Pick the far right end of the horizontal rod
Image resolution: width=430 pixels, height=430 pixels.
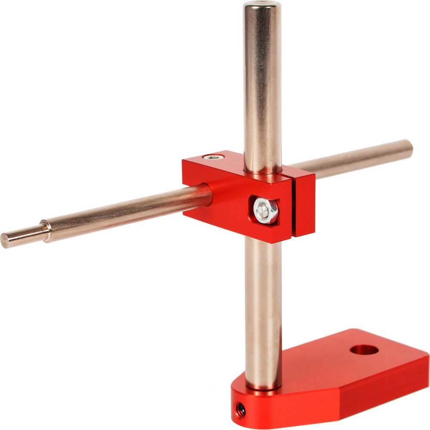click(406, 149)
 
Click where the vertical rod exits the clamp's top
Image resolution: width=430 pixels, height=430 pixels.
click(263, 172)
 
